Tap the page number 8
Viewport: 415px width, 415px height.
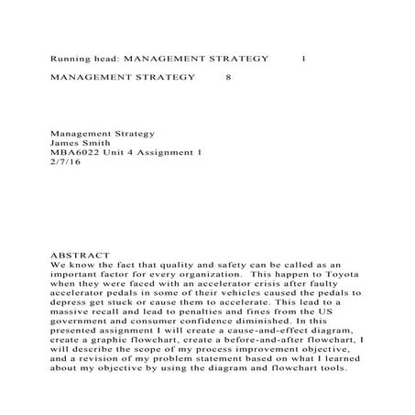point(228,78)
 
